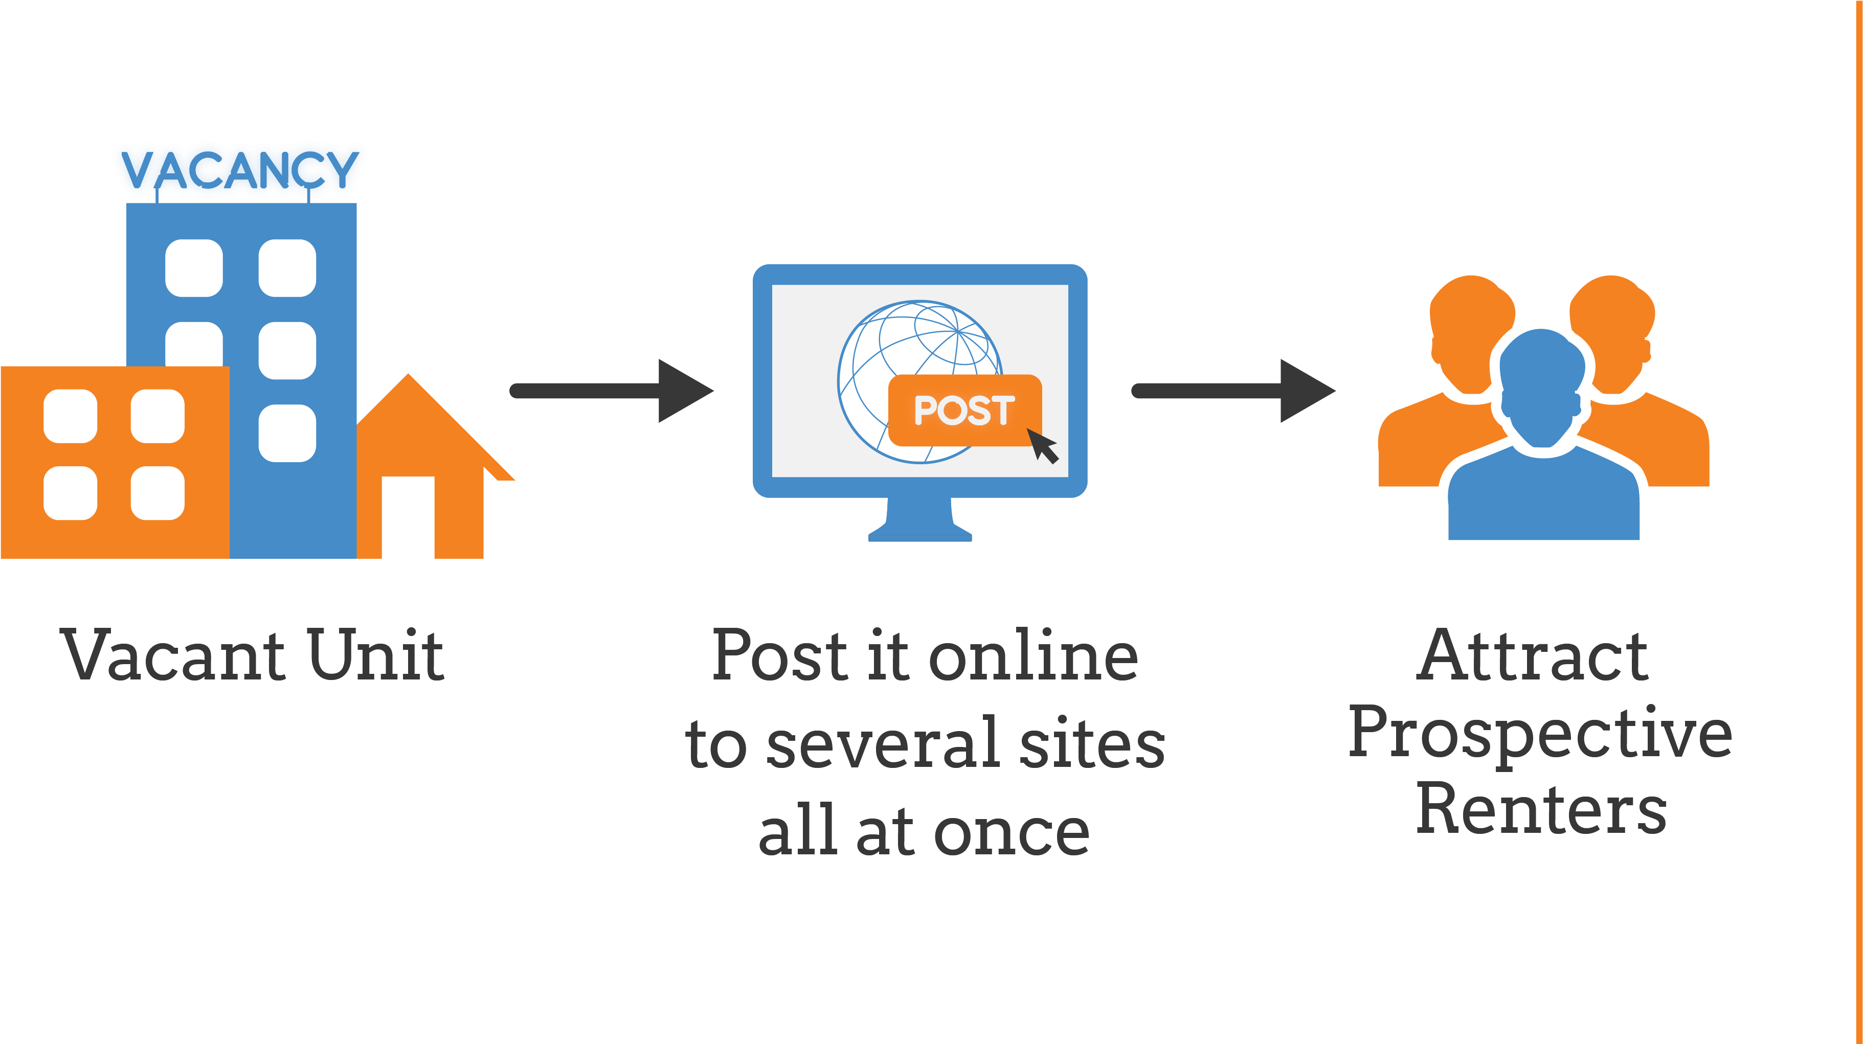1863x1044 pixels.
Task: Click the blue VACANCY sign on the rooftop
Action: [x=239, y=169]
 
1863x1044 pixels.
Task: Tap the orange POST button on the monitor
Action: [x=963, y=410]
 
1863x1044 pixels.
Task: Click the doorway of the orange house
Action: [x=407, y=516]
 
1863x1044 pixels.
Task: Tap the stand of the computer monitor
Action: [x=920, y=520]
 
